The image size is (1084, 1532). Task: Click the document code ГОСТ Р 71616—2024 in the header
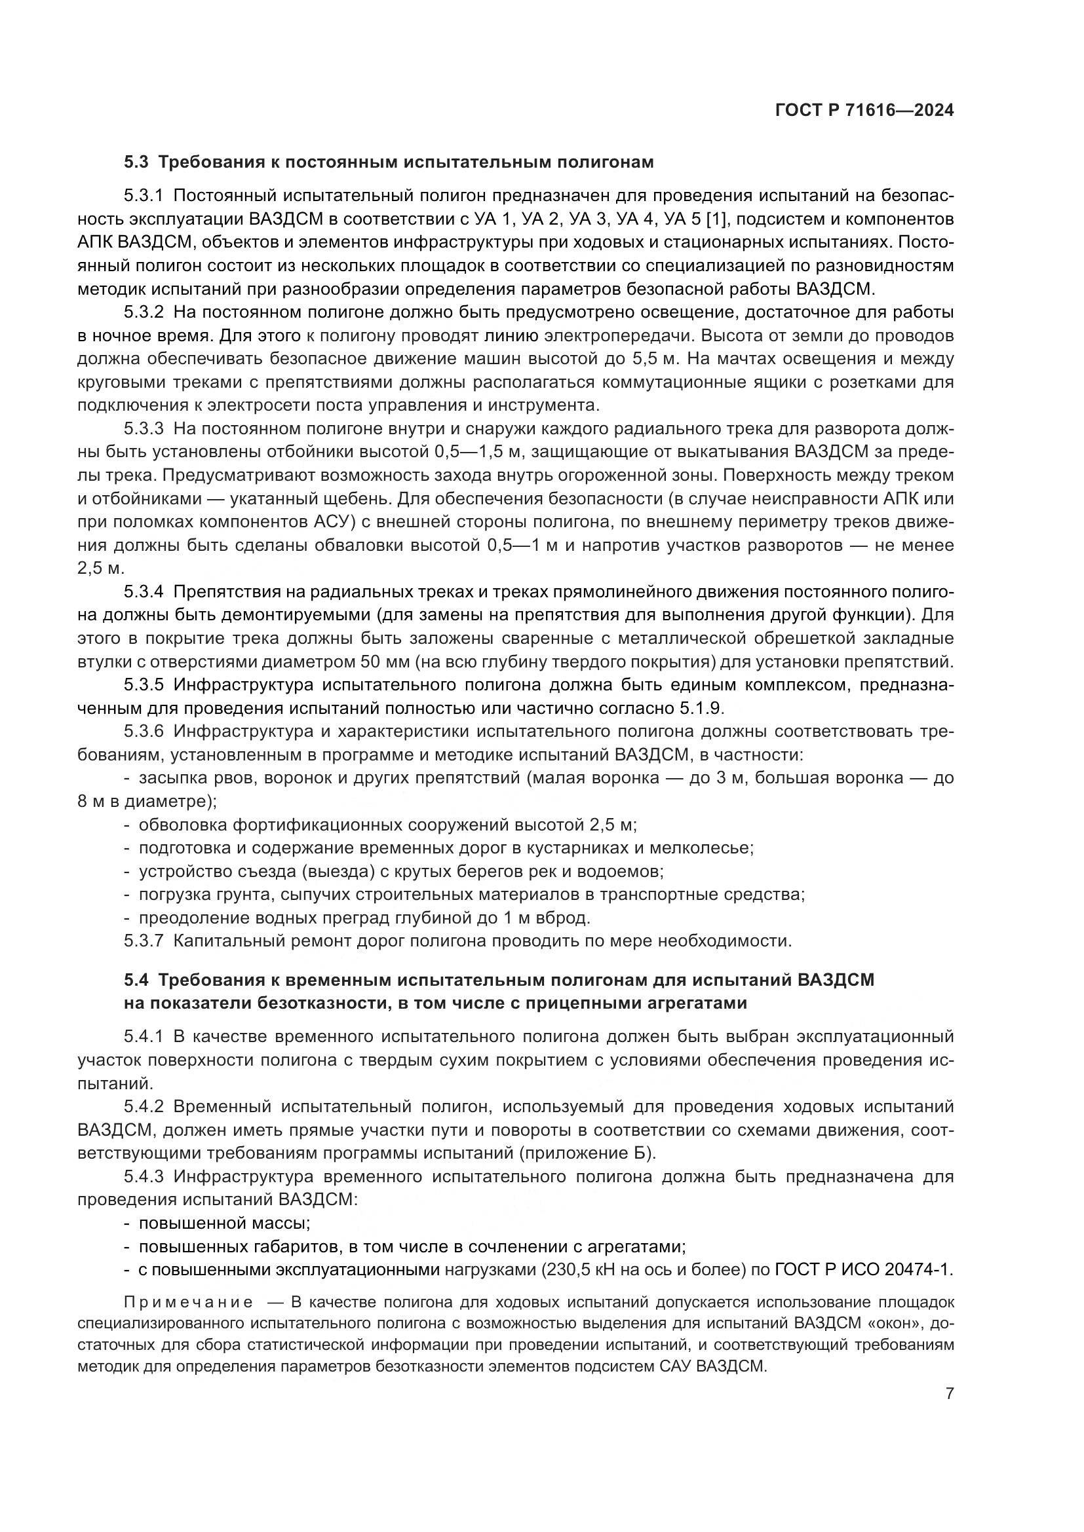(x=864, y=111)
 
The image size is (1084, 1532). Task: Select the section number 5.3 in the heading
(x=138, y=162)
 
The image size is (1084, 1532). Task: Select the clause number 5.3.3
(x=144, y=429)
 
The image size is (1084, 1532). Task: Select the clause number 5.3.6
(x=144, y=732)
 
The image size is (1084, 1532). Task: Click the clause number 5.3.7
(x=144, y=941)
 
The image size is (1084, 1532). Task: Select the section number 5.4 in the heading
(x=138, y=981)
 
